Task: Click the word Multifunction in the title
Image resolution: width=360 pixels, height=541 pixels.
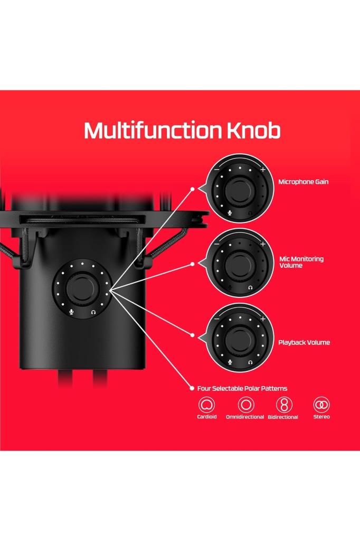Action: point(153,130)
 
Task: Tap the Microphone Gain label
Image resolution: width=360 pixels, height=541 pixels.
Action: point(303,182)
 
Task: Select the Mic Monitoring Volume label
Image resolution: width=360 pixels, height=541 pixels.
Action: point(301,262)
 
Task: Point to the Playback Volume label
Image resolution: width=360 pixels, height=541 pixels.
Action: point(304,342)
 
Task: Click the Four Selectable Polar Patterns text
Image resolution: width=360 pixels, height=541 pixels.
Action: point(242,388)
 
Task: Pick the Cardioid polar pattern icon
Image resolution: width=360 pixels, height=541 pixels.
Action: point(206,405)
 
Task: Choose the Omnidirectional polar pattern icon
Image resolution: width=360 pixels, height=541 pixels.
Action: point(246,405)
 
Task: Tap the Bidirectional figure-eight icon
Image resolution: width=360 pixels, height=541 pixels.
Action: point(284,405)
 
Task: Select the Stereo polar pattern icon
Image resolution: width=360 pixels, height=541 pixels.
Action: point(321,405)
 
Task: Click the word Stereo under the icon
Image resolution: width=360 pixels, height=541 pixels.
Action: point(321,417)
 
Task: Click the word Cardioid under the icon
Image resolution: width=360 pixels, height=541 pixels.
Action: point(207,417)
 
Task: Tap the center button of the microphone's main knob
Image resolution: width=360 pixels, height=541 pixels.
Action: point(82,287)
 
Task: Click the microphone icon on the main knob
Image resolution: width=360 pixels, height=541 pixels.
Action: point(71,312)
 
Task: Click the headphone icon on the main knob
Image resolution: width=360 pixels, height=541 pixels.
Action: point(93,312)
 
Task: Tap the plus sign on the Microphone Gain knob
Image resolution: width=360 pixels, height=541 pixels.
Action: point(263,170)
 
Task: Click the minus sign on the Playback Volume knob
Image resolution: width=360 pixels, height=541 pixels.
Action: point(216,319)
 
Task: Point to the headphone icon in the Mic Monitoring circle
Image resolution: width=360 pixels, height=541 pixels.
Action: point(250,287)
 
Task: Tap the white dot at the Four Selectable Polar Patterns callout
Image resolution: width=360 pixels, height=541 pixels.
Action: point(192,388)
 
